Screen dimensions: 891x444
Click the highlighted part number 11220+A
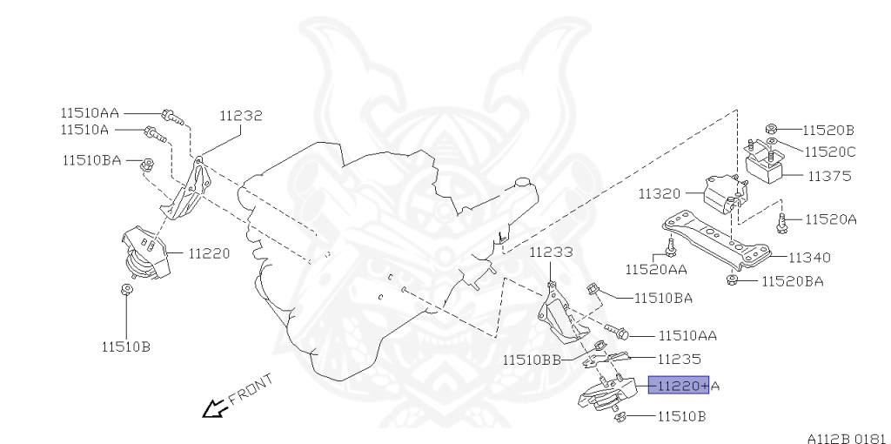tap(679, 385)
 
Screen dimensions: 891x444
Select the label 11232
tap(240, 115)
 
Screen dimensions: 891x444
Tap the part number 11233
tap(552, 252)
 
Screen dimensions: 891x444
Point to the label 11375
tap(829, 175)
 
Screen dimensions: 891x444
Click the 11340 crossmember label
tap(809, 257)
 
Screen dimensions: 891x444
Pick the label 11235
tap(679, 358)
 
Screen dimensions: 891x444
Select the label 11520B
tap(828, 130)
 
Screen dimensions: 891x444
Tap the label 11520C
tap(829, 151)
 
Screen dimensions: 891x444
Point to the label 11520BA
tap(792, 280)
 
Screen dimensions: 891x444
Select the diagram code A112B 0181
tap(846, 436)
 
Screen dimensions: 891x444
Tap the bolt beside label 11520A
tap(781, 222)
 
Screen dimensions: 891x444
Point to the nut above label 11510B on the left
tap(127, 290)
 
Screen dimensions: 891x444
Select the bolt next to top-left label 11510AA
tap(171, 114)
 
